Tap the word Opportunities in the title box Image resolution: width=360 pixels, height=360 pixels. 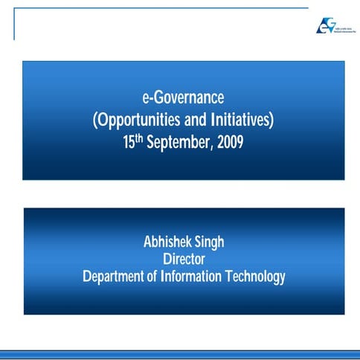(136, 120)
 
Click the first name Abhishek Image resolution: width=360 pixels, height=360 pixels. (170, 242)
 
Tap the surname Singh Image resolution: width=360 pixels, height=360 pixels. (210, 242)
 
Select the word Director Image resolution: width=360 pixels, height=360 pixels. (183, 260)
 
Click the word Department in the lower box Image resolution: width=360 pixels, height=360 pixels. (118, 277)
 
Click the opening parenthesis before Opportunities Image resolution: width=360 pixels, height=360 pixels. (94, 120)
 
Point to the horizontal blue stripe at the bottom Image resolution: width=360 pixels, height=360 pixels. (180, 353)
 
